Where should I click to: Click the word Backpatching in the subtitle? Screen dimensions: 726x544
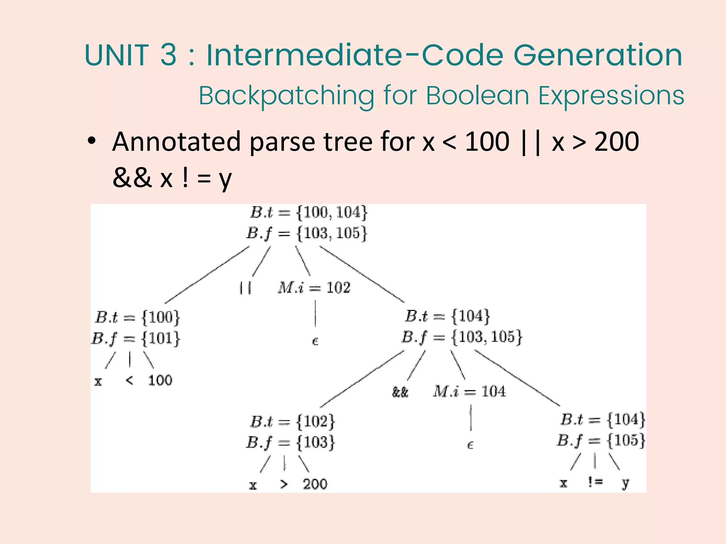tap(286, 96)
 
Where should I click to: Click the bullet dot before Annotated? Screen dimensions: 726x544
tap(92, 141)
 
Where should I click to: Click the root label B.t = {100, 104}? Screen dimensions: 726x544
tap(309, 212)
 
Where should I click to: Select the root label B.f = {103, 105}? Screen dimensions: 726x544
tap(307, 233)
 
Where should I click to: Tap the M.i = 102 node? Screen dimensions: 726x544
tap(314, 287)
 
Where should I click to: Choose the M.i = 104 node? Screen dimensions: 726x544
tap(469, 391)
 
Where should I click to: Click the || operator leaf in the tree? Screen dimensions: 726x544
tap(245, 288)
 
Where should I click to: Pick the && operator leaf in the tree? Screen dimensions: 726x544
tap(400, 392)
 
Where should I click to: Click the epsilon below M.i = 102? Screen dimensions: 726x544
tap(315, 341)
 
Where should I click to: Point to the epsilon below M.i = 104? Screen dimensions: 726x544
tap(470, 445)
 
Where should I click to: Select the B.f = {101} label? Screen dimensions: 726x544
tap(136, 338)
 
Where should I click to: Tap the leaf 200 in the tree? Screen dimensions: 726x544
tap(315, 484)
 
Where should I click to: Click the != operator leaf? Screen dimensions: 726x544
tap(595, 482)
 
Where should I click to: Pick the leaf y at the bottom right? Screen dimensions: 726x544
tap(625, 483)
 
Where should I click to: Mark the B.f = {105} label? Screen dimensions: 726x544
tap(601, 441)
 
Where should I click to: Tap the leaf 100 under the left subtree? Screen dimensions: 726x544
tap(160, 380)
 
